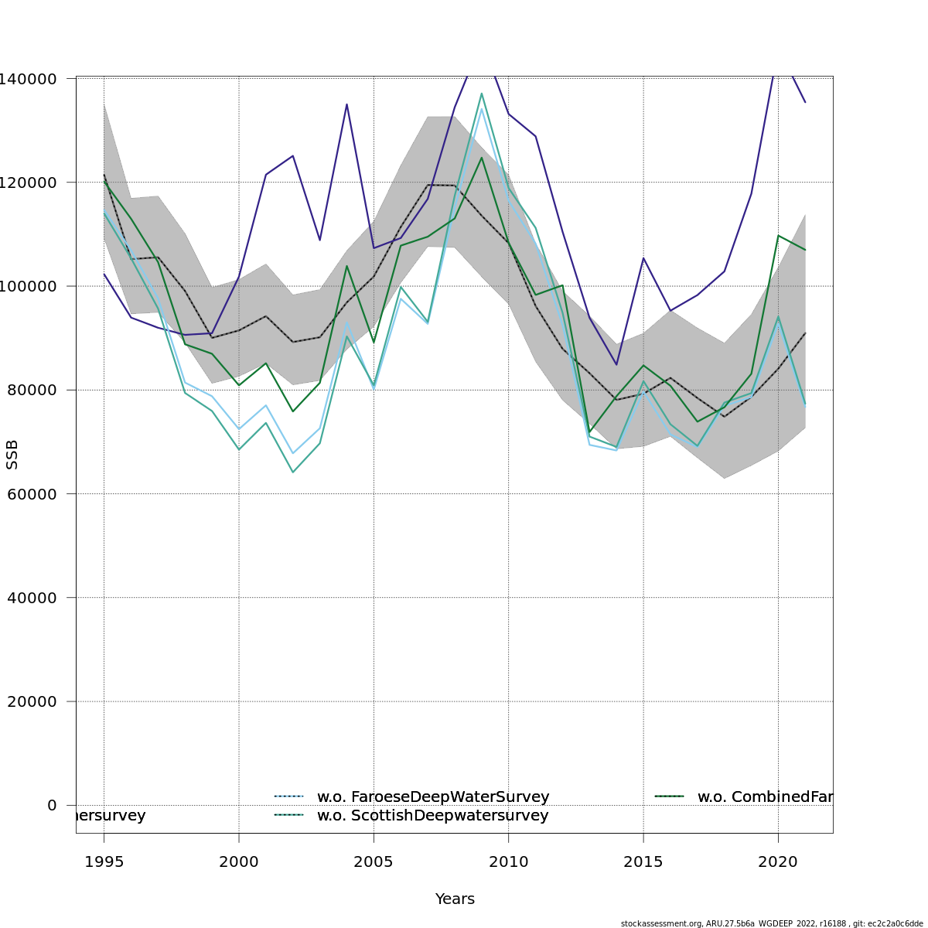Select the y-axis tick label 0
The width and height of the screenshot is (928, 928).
tap(52, 805)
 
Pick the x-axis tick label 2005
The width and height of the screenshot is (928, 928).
tap(374, 862)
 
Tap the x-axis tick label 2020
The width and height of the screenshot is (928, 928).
tap(778, 862)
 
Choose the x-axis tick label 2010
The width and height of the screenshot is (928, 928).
tap(508, 862)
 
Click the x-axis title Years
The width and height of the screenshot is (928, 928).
tap(455, 899)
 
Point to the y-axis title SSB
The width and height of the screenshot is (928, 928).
tap(12, 454)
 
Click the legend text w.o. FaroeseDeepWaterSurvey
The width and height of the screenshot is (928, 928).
tap(433, 797)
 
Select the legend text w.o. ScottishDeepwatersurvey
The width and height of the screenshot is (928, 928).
tap(432, 816)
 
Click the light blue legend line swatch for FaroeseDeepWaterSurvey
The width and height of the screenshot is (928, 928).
tap(290, 797)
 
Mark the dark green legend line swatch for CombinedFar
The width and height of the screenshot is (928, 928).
tap(670, 797)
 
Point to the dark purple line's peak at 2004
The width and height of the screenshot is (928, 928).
tap(346, 104)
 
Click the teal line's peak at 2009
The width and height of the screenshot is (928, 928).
tap(481, 94)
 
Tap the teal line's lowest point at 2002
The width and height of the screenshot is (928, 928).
tap(292, 472)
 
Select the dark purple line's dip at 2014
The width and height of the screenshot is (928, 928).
tap(616, 364)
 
